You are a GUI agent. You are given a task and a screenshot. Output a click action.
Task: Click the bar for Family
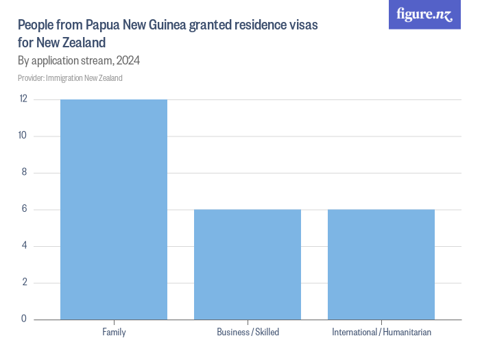coord(114,209)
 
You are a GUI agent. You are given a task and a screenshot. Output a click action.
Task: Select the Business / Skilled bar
coord(248,264)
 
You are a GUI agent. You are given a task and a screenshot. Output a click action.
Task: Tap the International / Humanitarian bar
coord(381,264)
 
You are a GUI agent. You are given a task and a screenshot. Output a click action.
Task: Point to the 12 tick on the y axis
coord(23,99)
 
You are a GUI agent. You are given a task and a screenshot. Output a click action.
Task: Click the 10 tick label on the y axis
coord(23,136)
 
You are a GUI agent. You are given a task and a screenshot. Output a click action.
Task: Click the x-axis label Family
coord(114,332)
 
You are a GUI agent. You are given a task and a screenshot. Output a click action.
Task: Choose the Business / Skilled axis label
coord(248,332)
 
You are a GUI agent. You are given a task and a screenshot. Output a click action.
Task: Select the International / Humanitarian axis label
coord(381,332)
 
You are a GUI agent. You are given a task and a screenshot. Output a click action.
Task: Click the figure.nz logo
coord(424,15)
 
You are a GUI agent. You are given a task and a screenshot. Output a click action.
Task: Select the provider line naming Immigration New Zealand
coord(70,78)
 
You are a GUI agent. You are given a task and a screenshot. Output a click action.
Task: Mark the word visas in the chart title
coord(302,25)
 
